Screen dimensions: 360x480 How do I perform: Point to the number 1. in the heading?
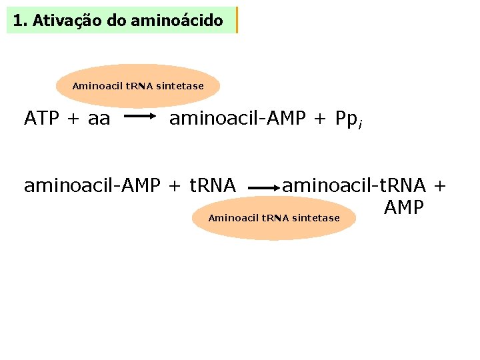pyautogui.click(x=21, y=21)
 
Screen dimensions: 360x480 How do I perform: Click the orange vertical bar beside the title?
pyautogui.click(x=237, y=20)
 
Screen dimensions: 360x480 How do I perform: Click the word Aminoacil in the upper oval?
pyautogui.click(x=94, y=86)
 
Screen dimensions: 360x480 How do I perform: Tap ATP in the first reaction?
pyautogui.click(x=41, y=119)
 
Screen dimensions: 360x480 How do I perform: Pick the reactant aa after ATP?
pyautogui.click(x=99, y=119)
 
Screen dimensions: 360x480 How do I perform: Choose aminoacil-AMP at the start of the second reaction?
pyautogui.click(x=93, y=185)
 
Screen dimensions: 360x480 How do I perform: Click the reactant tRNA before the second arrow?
pyautogui.click(x=213, y=185)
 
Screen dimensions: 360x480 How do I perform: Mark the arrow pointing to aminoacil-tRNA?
pyautogui.click(x=265, y=189)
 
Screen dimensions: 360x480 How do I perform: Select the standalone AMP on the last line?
pyautogui.click(x=403, y=208)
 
